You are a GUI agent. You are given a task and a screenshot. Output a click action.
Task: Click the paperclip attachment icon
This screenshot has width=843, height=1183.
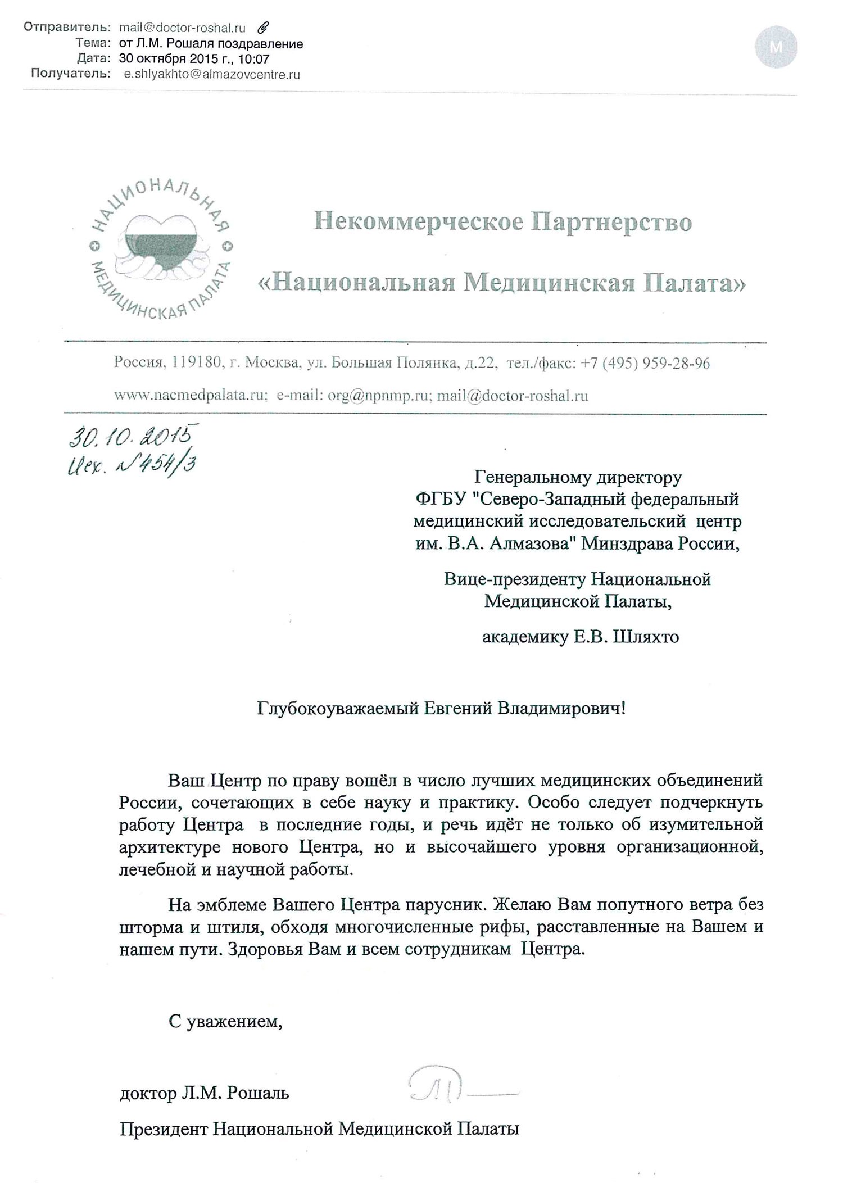[x=263, y=28]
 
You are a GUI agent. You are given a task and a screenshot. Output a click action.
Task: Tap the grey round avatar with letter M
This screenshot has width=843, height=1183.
[x=776, y=48]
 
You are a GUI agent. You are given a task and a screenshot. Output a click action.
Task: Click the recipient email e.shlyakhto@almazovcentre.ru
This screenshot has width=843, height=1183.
[x=211, y=74]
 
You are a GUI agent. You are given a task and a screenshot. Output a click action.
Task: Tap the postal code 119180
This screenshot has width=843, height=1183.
[x=196, y=363]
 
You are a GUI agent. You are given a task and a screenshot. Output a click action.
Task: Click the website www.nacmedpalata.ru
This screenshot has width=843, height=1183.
[x=189, y=396]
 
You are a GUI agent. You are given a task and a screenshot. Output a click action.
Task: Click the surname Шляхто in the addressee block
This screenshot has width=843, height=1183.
[x=644, y=637]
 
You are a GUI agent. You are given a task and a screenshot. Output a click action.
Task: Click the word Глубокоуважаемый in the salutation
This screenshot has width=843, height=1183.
[x=338, y=708]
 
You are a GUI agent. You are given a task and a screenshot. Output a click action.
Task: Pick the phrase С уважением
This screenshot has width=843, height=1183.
[x=225, y=1021]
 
